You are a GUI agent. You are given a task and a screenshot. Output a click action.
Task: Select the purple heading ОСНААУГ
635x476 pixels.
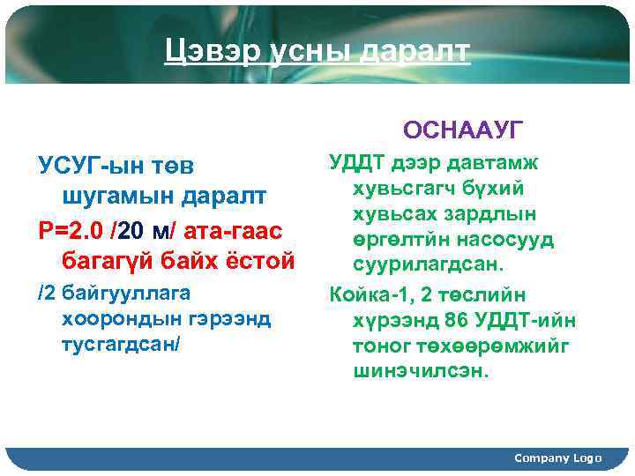coord(463,130)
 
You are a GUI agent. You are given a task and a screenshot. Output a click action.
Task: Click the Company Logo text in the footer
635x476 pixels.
coord(557,457)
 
